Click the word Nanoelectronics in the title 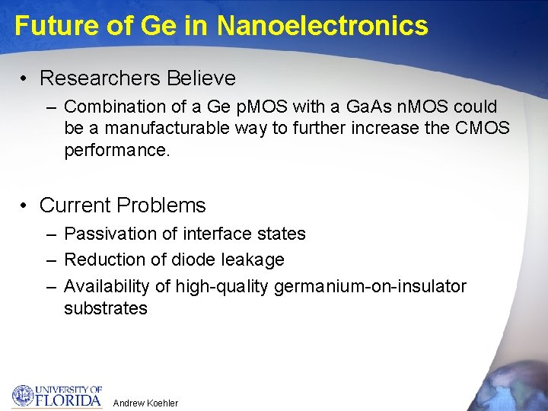(x=322, y=26)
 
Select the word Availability (x=107, y=286)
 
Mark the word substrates (x=106, y=307)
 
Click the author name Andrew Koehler (x=145, y=403)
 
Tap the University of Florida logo (x=57, y=396)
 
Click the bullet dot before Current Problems (x=26, y=205)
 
